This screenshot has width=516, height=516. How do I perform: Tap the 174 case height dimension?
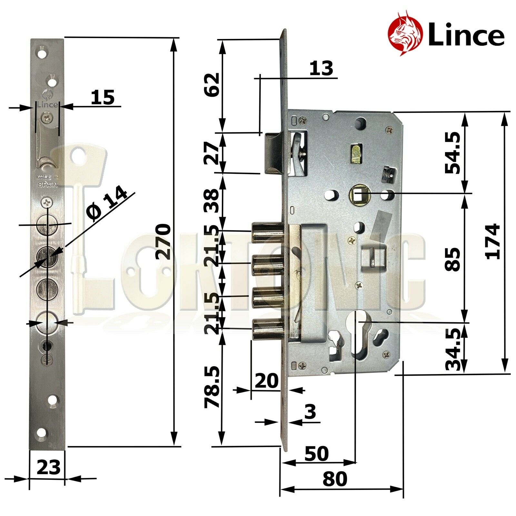pos(493,242)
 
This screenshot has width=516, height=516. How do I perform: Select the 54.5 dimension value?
pos(452,153)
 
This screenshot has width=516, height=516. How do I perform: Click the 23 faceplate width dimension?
pos(48,467)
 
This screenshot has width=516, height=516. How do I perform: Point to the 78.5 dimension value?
pos(213,387)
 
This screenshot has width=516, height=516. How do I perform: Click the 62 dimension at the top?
pos(213,84)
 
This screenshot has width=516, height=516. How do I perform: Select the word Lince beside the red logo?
pos(466,36)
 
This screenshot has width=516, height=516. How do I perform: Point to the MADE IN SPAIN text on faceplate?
pos(47,181)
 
